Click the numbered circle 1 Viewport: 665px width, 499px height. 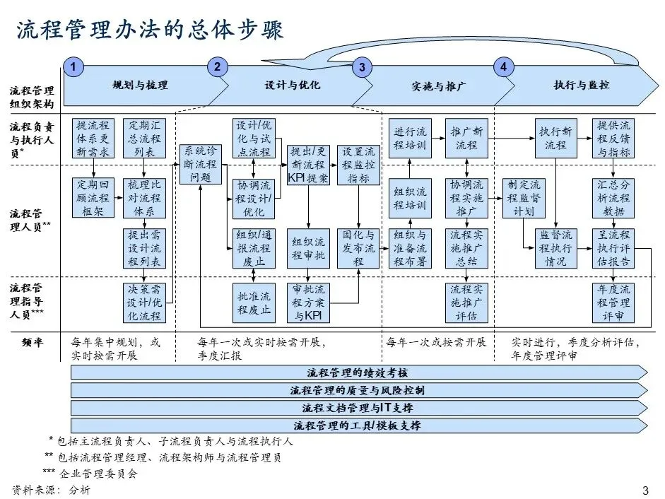click(x=73, y=67)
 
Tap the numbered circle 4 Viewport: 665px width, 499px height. click(x=503, y=67)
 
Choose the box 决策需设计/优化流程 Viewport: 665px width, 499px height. click(x=144, y=302)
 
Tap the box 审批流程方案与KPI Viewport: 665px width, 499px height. click(x=308, y=302)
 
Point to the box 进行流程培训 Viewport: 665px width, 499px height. click(x=411, y=139)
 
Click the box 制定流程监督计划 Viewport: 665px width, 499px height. click(x=524, y=197)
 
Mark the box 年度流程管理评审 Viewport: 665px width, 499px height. click(x=613, y=302)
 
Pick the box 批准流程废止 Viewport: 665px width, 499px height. click(x=253, y=302)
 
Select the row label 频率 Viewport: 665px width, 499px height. click(x=32, y=342)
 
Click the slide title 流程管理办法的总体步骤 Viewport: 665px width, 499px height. click(x=149, y=30)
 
